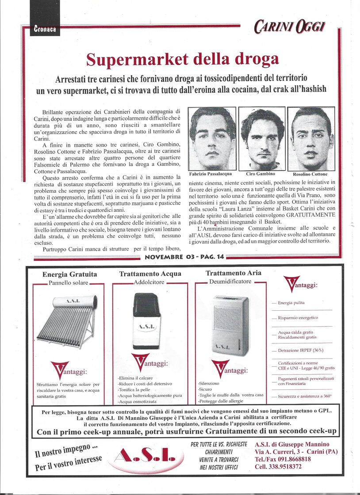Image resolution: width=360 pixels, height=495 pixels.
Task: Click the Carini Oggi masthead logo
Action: (x=290, y=27)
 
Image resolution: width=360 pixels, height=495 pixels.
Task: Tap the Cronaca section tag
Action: (x=45, y=30)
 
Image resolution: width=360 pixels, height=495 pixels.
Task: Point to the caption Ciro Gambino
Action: (x=260, y=174)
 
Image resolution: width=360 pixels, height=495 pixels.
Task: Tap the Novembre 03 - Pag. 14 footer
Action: (x=184, y=257)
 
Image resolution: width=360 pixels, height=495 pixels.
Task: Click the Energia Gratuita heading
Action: (x=70, y=274)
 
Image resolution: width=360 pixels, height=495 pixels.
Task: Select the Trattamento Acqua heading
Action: (x=150, y=274)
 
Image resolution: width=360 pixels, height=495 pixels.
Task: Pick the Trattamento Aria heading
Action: (x=233, y=274)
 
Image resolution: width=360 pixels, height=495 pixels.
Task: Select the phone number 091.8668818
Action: (x=290, y=459)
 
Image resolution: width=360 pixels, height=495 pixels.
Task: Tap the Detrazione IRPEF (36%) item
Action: (x=300, y=350)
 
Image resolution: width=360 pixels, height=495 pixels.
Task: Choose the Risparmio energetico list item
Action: (x=298, y=318)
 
